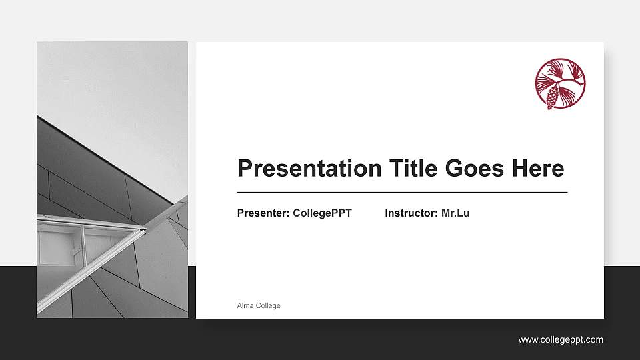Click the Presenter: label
coord(263,213)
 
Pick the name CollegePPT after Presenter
coord(322,213)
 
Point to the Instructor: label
coord(411,213)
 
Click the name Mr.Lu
coord(455,213)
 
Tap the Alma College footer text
coord(259,305)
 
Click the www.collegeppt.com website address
coord(561,340)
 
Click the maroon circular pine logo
coord(560,84)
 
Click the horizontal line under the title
coord(402,192)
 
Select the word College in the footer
coord(267,305)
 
